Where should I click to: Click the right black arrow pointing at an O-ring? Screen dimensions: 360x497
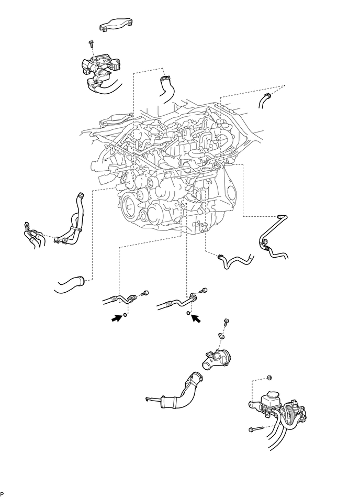click(197, 317)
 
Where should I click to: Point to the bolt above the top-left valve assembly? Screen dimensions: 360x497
click(91, 46)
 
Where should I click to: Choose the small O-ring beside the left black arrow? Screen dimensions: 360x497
click(126, 315)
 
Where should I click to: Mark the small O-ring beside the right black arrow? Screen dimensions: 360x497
click(187, 314)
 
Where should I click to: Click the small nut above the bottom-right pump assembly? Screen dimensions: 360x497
click(270, 378)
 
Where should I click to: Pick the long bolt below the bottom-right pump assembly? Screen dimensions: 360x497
click(254, 430)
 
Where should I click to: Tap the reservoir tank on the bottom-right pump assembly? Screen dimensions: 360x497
click(275, 397)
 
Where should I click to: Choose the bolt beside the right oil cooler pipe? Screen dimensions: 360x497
click(204, 289)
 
